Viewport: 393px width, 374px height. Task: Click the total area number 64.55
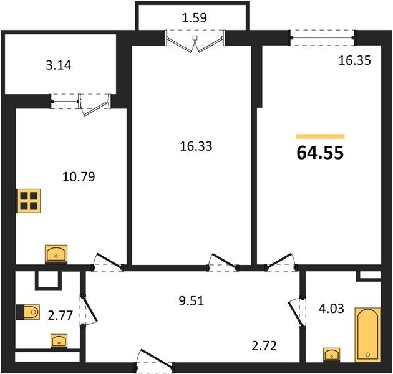pos(320,153)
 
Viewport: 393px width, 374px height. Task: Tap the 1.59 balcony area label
pos(194,18)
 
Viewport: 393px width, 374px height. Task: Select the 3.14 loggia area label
pos(59,65)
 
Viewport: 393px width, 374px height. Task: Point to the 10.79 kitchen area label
pos(79,176)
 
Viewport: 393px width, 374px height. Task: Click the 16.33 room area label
pos(196,146)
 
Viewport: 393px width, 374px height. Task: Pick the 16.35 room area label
pos(354,60)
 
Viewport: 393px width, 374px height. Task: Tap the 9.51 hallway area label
pos(192,301)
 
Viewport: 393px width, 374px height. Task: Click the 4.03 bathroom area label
pos(331,309)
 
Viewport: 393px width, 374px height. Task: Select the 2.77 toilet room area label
pos(61,315)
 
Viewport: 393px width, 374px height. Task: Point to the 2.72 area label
pos(264,346)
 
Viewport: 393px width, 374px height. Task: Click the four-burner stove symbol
pos(29,201)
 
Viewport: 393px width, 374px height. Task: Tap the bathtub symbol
pos(367,335)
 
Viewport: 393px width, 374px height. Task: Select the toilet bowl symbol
pos(28,312)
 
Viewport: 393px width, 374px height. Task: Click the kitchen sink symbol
pos(56,254)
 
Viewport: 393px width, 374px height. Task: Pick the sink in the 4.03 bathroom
pos(332,354)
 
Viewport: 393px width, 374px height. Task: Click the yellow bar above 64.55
pos(321,137)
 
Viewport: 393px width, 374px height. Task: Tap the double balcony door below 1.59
pos(195,41)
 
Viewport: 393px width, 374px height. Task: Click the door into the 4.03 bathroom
pos(297,312)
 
